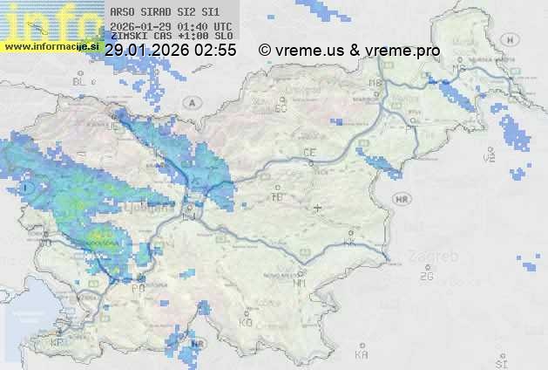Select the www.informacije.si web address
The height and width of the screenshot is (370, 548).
click(x=51, y=45)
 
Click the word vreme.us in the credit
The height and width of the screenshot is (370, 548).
click(x=309, y=51)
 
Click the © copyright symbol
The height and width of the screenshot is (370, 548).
click(x=265, y=51)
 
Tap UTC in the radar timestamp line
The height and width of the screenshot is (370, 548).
click(x=223, y=26)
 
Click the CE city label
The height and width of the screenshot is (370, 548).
click(x=308, y=153)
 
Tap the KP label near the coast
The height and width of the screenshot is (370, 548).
click(x=58, y=343)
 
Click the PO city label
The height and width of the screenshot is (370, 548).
click(x=137, y=287)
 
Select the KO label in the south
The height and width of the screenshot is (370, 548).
click(x=246, y=322)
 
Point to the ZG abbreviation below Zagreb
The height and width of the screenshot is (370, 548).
click(x=426, y=277)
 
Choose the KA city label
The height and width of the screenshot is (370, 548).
click(x=362, y=354)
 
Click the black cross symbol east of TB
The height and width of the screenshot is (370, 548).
click(x=318, y=208)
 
